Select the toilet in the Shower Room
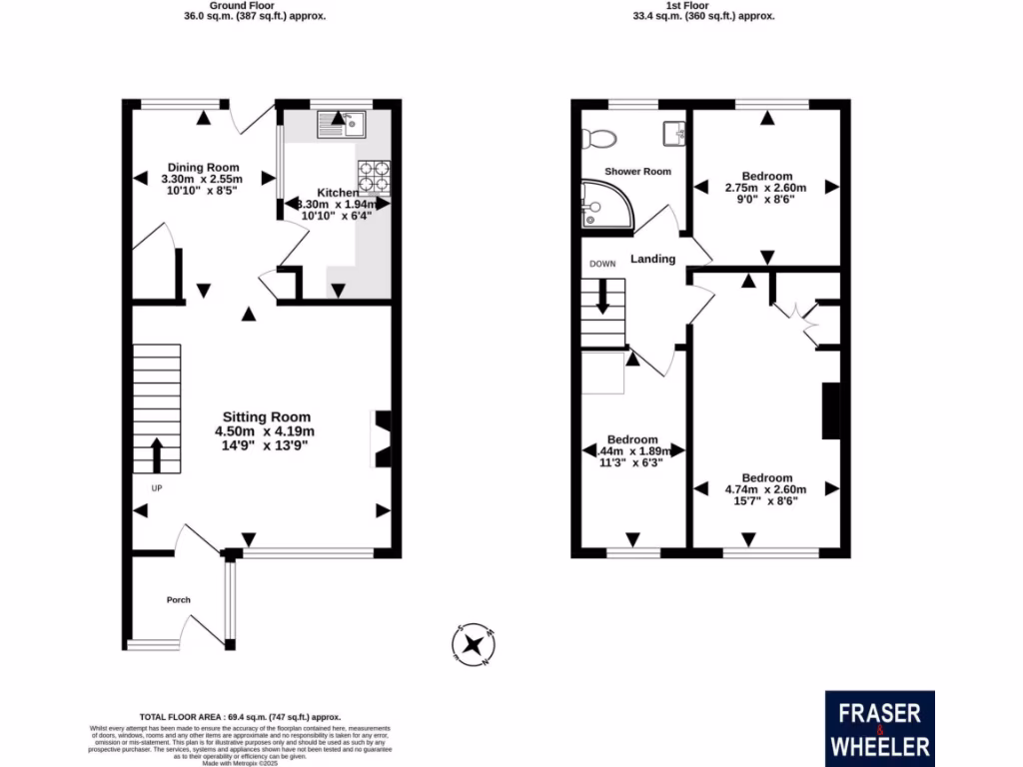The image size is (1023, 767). pyautogui.click(x=603, y=137)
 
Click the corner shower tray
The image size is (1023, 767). pyautogui.click(x=606, y=204)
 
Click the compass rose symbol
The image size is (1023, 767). pyautogui.click(x=473, y=644)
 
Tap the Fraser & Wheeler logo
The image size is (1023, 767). pyautogui.click(x=879, y=728)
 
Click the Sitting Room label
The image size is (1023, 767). pyautogui.click(x=266, y=417)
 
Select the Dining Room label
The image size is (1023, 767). pyautogui.click(x=203, y=167)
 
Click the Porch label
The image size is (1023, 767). pyautogui.click(x=178, y=600)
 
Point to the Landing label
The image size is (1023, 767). pyautogui.click(x=652, y=260)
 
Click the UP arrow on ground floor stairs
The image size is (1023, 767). pyautogui.click(x=156, y=454)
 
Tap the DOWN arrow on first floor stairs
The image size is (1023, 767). pyautogui.click(x=602, y=297)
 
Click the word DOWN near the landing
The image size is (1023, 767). pyautogui.click(x=602, y=264)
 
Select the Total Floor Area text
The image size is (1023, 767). pyautogui.click(x=240, y=717)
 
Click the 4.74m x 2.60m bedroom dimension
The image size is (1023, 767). pyautogui.click(x=766, y=489)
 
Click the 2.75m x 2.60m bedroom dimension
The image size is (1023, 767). pyautogui.click(x=766, y=188)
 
